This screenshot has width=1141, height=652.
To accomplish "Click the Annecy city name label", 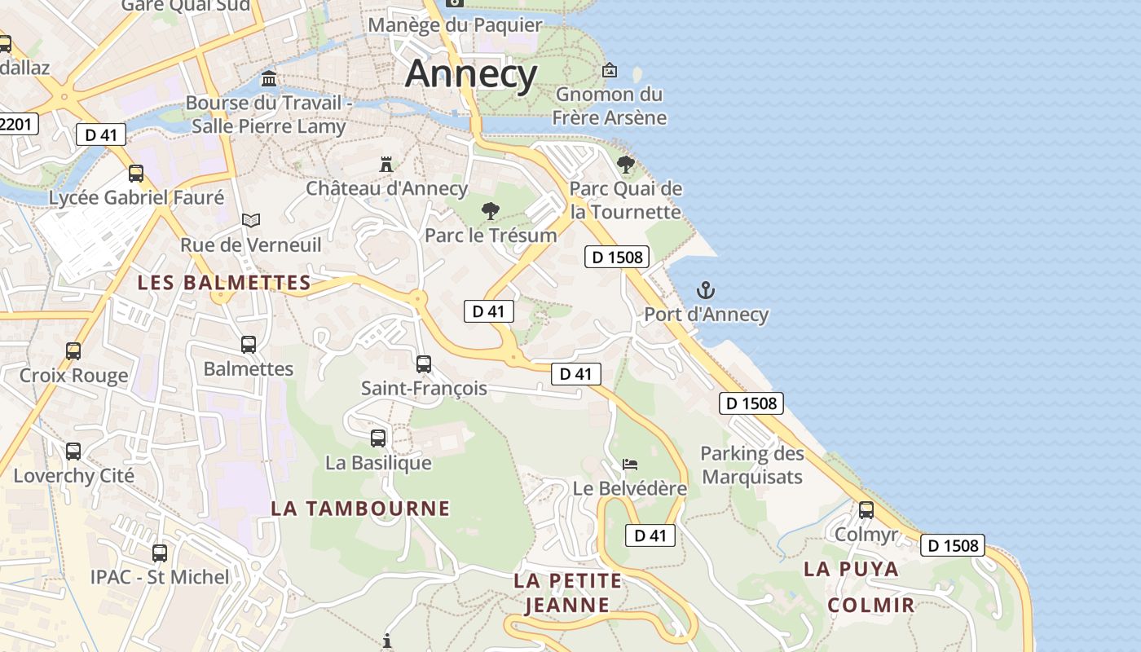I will (471, 74).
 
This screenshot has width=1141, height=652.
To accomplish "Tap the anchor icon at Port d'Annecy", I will (706, 290).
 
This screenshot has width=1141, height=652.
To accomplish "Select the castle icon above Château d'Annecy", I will (386, 164).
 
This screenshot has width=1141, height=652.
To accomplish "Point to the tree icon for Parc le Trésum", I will (490, 211).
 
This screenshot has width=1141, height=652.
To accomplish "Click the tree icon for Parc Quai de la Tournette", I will (625, 165).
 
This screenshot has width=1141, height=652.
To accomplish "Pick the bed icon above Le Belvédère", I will (630, 465).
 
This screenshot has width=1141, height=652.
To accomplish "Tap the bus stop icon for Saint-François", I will (424, 364).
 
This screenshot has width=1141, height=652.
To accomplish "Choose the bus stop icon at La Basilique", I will (378, 438).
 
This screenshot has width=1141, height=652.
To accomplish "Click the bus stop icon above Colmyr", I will (866, 510).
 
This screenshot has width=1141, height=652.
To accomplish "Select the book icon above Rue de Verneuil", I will (251, 220).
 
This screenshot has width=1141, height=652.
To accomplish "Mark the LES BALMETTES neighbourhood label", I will (224, 283).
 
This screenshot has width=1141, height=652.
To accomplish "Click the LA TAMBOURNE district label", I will (360, 509).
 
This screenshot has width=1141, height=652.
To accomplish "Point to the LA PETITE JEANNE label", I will (568, 593).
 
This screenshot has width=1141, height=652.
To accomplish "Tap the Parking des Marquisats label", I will (752, 465).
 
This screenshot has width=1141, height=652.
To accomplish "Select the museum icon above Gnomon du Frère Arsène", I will (609, 70).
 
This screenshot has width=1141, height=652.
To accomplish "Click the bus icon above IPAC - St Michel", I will (160, 553).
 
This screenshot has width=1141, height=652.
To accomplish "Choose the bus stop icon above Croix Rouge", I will (73, 351).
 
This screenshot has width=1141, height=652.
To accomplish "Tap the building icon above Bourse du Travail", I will (268, 79).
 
